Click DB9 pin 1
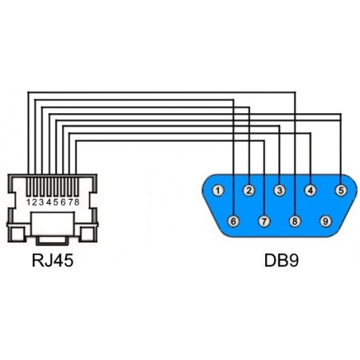[x=218, y=190]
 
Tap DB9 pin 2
[x=248, y=190]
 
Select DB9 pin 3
[x=280, y=190]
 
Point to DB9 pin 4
[x=311, y=190]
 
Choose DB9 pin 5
[x=341, y=190]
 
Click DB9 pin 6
[x=233, y=221]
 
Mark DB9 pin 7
[x=264, y=221]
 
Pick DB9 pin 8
[x=295, y=221]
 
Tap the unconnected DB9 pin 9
[x=326, y=221]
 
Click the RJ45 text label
[x=53, y=260]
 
